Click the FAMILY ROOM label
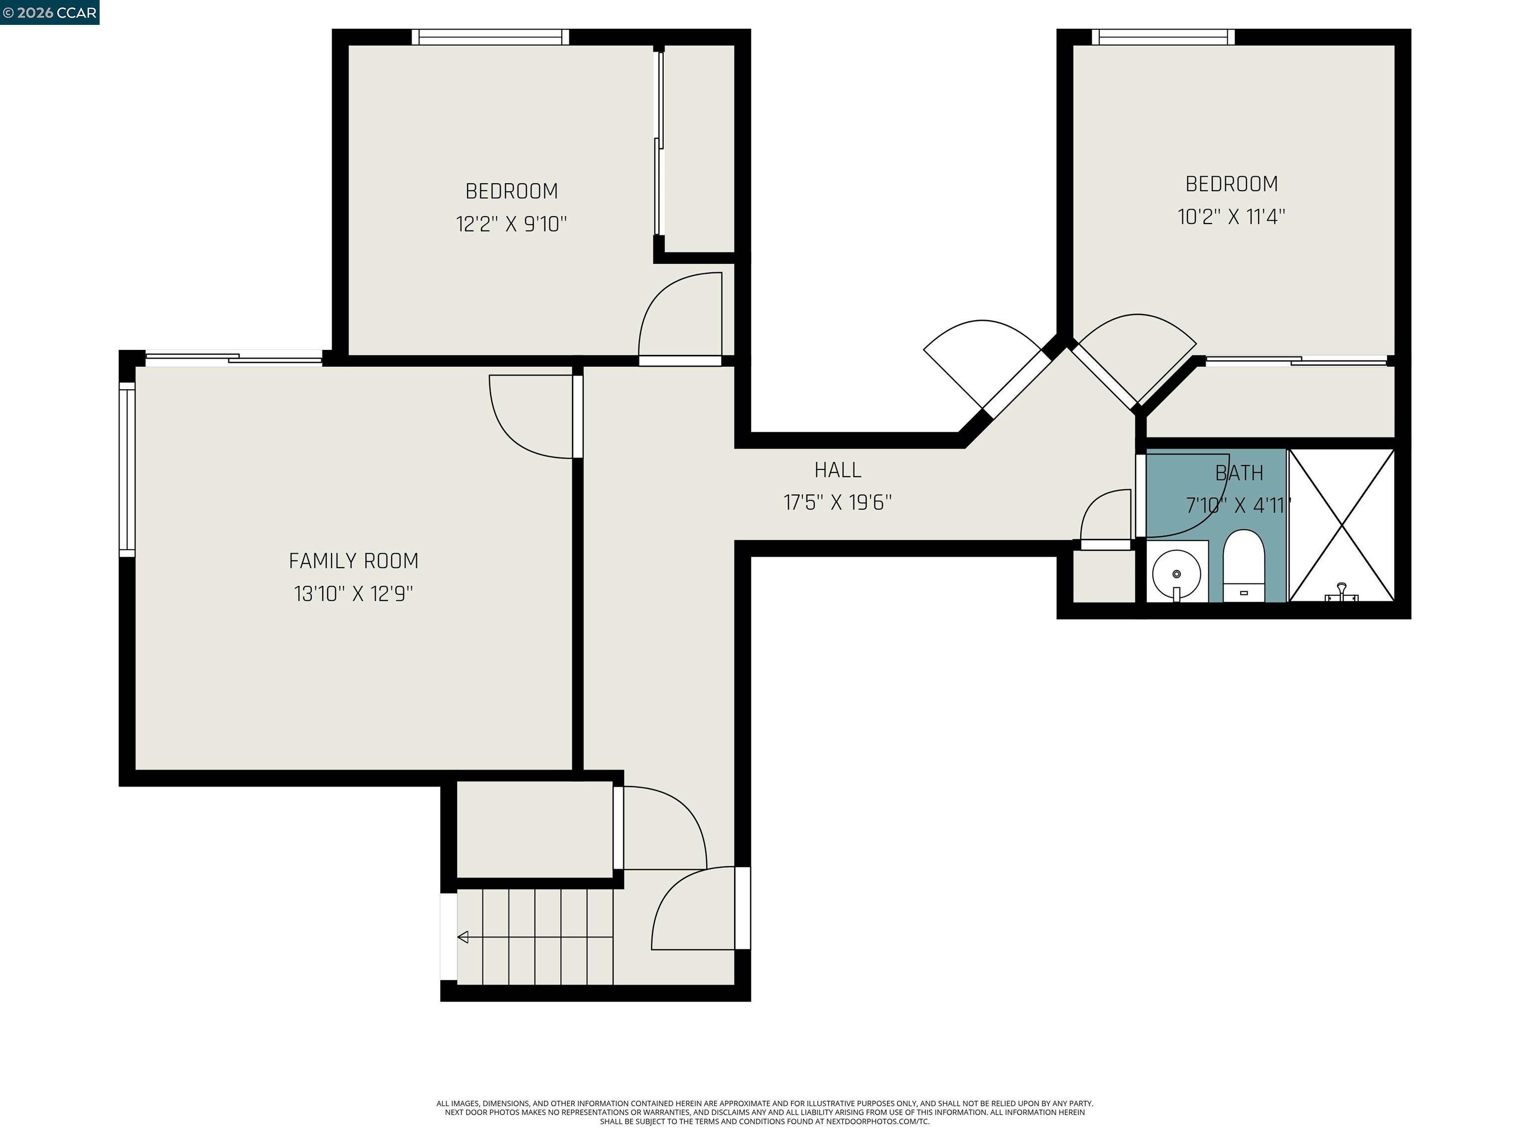coord(354,561)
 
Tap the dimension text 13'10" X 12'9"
coord(354,594)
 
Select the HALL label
coord(838,470)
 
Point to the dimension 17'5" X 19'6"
coord(838,503)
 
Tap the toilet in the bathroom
coord(1244,564)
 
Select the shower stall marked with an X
coord(1341,525)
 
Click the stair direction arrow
coord(463,937)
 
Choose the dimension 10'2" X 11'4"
coord(1231,217)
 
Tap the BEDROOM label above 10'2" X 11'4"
coord(1231,184)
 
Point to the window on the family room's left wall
coord(127,470)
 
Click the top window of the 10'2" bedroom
coord(1163,37)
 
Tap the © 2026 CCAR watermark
coord(49,12)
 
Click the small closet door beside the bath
coord(1105,545)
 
